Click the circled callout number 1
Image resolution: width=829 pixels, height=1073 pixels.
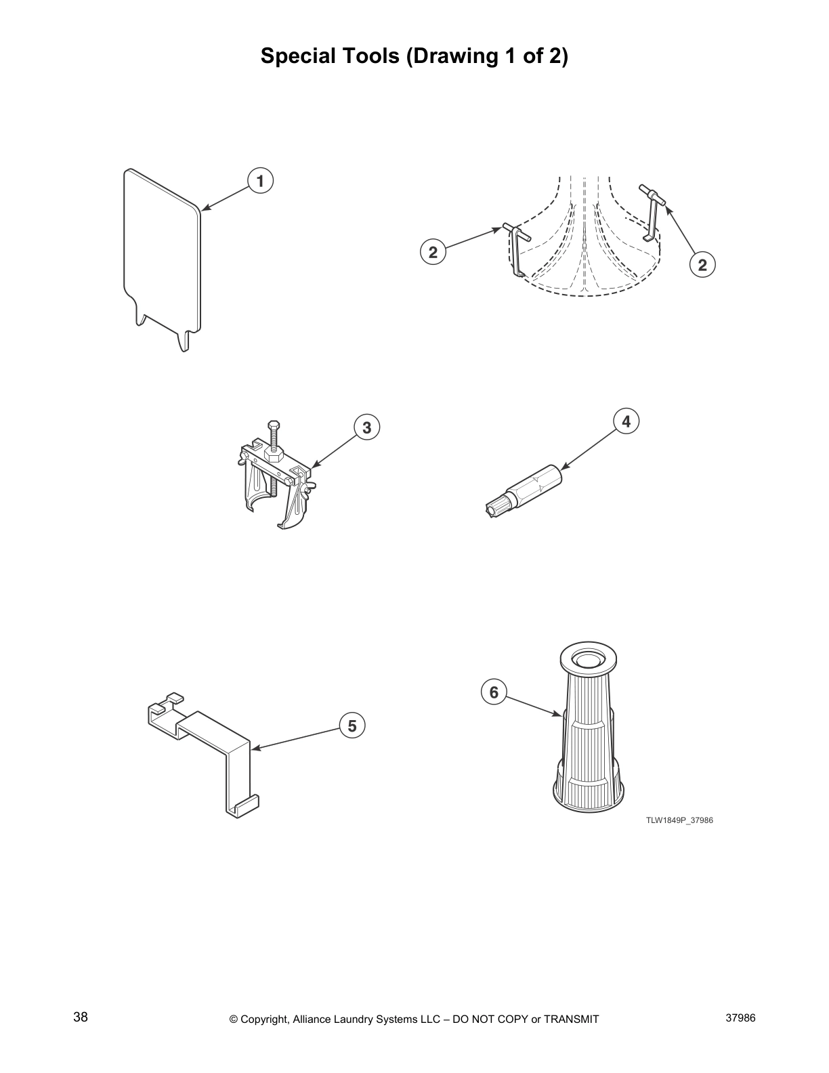(x=260, y=181)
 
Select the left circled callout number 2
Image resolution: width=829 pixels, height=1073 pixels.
(x=433, y=253)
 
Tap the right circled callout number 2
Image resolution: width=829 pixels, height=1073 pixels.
(x=702, y=264)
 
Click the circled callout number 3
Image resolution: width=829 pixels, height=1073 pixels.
(x=366, y=427)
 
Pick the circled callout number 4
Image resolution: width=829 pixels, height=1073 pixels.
(x=626, y=421)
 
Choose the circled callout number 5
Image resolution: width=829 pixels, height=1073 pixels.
(x=352, y=726)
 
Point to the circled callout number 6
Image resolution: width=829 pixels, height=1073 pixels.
(x=494, y=692)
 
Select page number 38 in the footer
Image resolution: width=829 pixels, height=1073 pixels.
(x=81, y=1017)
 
